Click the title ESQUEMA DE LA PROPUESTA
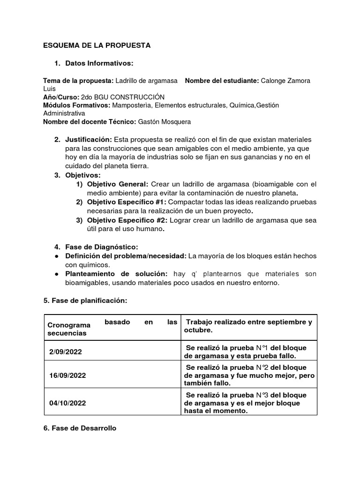[x=97, y=45]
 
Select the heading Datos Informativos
[x=99, y=63]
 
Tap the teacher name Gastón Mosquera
[x=164, y=122]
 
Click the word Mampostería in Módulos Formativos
[x=132, y=105]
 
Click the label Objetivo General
[x=118, y=184]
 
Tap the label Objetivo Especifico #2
[x=127, y=220]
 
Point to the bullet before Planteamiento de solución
[x=56, y=274]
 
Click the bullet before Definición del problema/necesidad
[x=56, y=256]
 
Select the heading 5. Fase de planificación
[x=85, y=300]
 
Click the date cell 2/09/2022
[x=66, y=352]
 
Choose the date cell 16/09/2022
[x=67, y=376]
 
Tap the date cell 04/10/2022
[x=67, y=403]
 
